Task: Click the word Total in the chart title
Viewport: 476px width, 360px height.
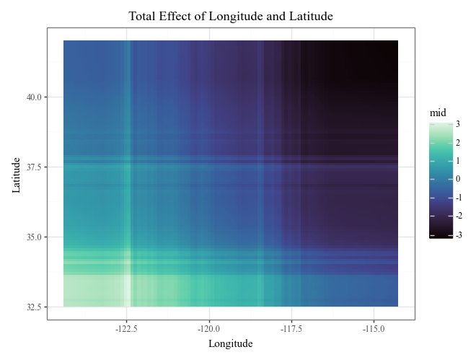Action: pyautogui.click(x=143, y=16)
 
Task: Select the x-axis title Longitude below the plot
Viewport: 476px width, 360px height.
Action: pyautogui.click(x=231, y=344)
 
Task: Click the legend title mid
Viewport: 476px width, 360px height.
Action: pyautogui.click(x=437, y=113)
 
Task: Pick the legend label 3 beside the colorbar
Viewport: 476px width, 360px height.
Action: pyautogui.click(x=458, y=124)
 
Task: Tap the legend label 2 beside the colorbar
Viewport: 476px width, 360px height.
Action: pyautogui.click(x=458, y=143)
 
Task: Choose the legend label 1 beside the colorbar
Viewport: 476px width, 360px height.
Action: pyautogui.click(x=458, y=161)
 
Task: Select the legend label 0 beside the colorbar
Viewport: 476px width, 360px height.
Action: pyautogui.click(x=458, y=180)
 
